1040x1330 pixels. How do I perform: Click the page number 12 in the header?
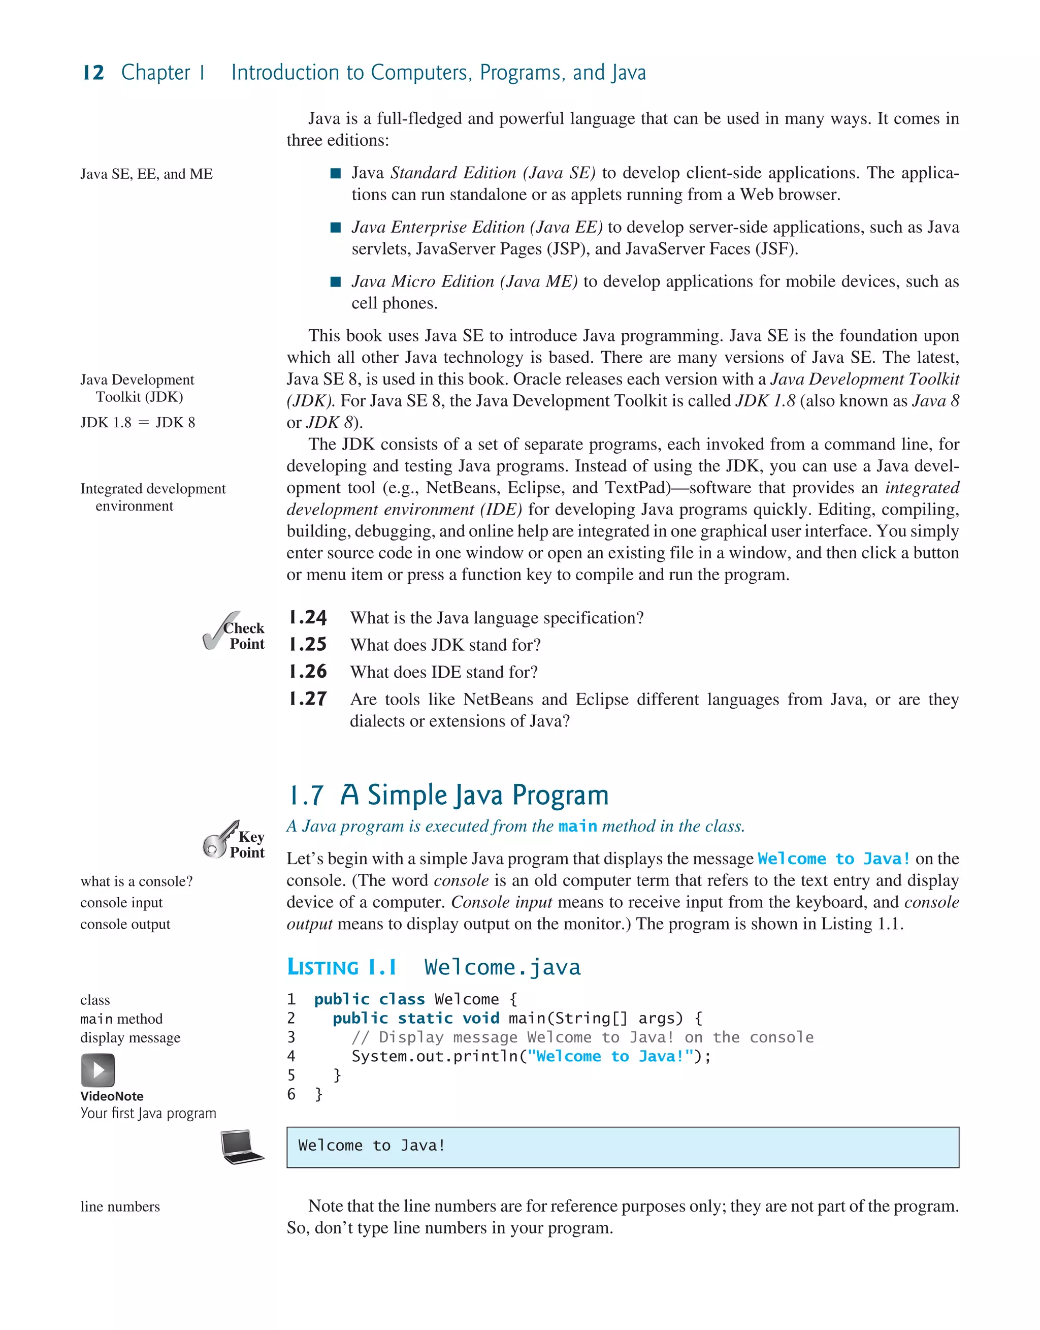[93, 73]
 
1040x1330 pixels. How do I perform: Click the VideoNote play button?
[97, 1070]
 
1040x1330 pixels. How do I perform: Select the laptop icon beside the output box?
[242, 1147]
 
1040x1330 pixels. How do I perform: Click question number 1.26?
[308, 672]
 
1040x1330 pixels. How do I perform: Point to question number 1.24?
[308, 618]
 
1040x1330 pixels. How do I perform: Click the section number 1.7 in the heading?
[306, 796]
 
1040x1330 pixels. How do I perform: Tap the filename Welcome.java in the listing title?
[502, 968]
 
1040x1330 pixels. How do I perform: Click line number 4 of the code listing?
[291, 1057]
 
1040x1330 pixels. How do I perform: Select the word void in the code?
[480, 1018]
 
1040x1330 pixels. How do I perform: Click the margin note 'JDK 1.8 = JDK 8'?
[138, 423]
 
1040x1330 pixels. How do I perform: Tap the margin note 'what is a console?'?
[137, 881]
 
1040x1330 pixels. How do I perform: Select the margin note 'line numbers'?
[120, 1207]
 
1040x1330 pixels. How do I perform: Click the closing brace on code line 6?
[318, 1094]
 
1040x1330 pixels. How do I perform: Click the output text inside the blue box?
[371, 1146]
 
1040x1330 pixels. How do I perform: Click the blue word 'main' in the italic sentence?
[577, 827]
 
